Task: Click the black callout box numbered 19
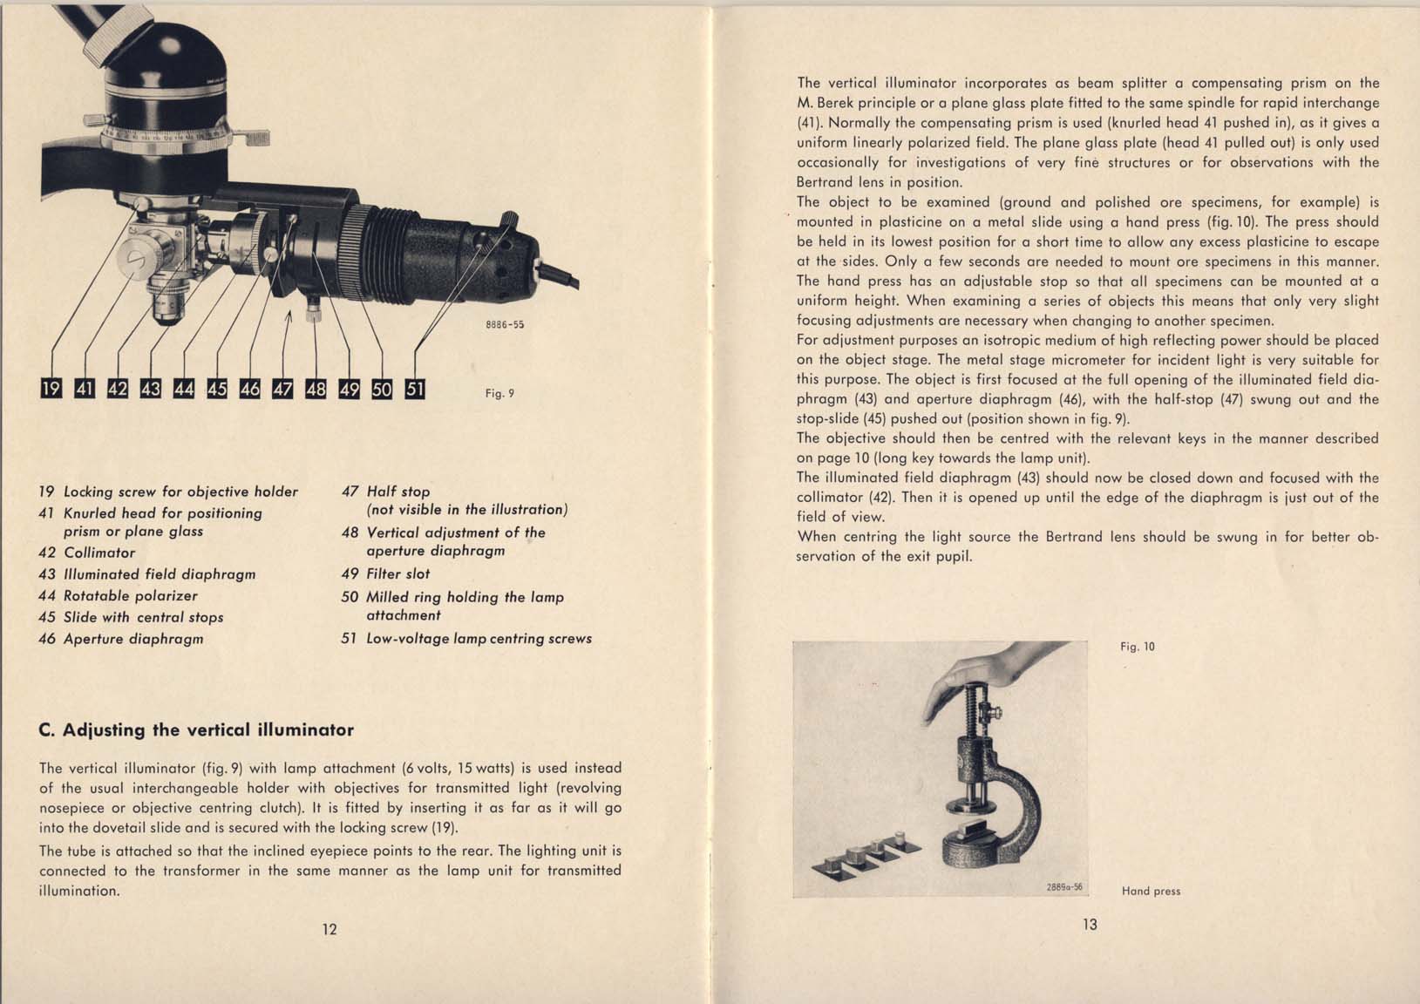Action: pos(51,389)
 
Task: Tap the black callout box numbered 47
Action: pos(282,389)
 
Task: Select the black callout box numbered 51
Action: pos(415,389)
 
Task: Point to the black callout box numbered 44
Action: pos(183,389)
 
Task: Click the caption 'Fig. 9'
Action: pos(499,393)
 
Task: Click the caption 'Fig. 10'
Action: pos(1137,647)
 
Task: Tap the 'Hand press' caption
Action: pos(1151,891)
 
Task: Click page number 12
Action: pos(330,929)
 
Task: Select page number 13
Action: pos(1090,924)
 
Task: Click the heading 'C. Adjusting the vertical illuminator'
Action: pos(196,729)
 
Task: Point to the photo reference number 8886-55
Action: pos(504,324)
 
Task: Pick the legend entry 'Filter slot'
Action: pos(397,573)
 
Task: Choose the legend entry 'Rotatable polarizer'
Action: pos(130,595)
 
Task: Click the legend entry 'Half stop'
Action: pos(397,492)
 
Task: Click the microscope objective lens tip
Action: pos(165,312)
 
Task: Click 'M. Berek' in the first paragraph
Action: pos(828,103)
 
